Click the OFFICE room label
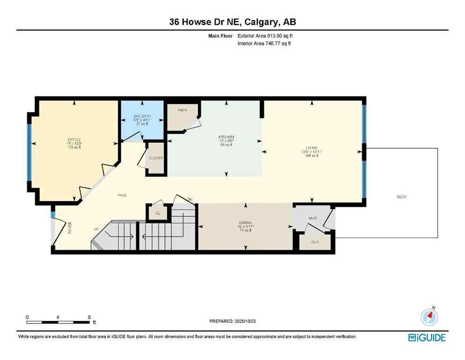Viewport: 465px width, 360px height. pos(74,140)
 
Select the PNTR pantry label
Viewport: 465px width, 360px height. pos(182,110)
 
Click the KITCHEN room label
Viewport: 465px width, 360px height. pos(226,137)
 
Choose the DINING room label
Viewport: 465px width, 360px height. pos(245,222)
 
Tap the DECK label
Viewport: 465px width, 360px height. pos(401,196)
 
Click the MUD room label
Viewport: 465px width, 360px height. pos(313,218)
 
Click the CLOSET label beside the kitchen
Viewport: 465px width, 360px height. pos(156,158)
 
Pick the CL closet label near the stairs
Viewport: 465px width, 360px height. pos(157,213)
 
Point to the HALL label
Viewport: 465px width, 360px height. pos(122,195)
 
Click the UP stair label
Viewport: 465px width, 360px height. pos(96,229)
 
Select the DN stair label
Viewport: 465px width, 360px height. pos(190,200)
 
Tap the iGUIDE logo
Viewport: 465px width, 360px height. pos(427,337)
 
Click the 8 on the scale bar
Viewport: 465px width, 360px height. pos(89,317)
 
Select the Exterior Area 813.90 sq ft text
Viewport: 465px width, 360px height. pos(266,35)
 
